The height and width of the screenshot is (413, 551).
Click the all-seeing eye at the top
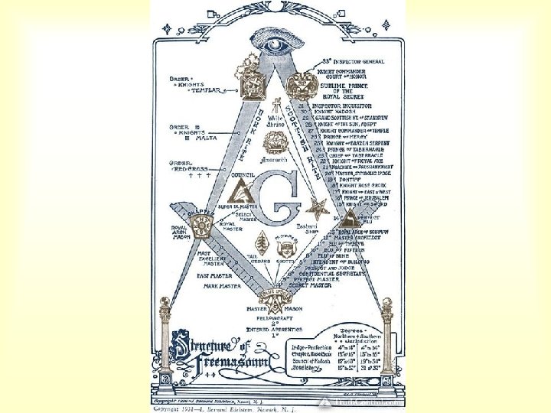pos(275,45)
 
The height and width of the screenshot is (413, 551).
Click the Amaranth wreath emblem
pos(274,144)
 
